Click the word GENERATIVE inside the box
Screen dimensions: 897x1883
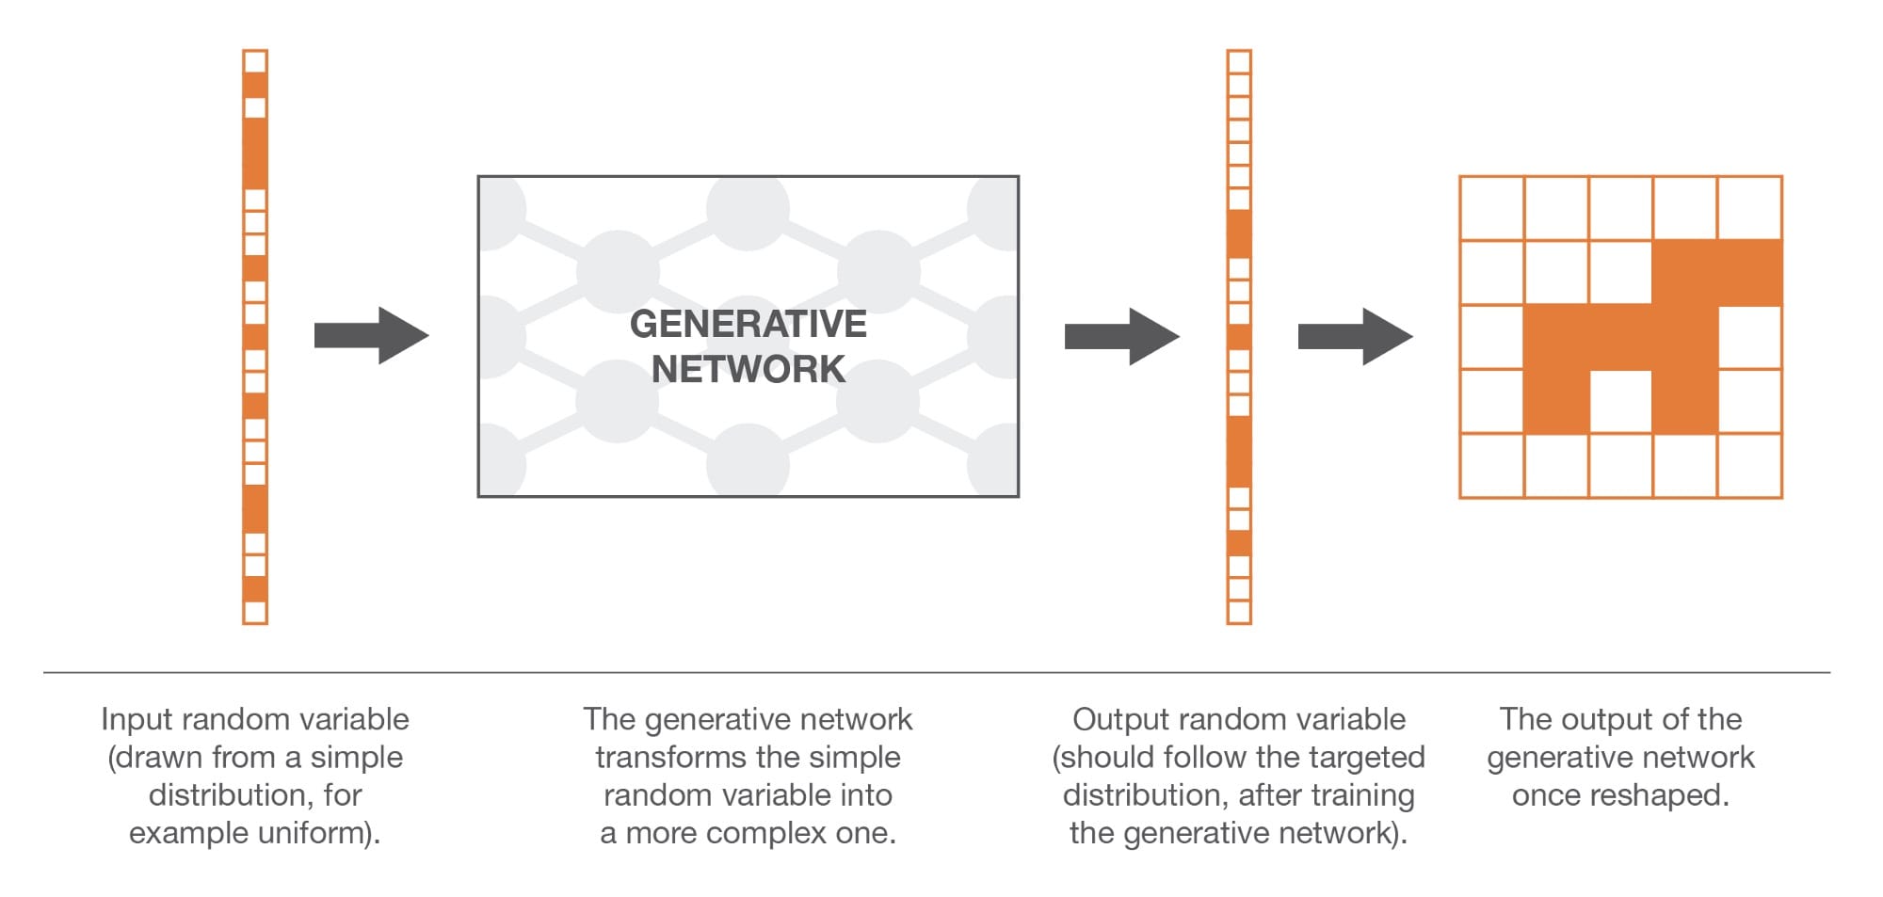tap(748, 324)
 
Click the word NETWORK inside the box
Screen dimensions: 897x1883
tap(748, 369)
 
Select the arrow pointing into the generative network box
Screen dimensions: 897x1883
tap(371, 335)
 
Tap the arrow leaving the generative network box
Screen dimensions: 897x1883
tap(1121, 336)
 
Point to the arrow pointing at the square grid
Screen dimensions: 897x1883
tap(1355, 336)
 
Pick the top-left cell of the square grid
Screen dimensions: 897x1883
tap(1492, 208)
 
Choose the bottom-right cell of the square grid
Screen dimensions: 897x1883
tap(1750, 465)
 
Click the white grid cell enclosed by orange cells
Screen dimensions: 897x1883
tap(1621, 401)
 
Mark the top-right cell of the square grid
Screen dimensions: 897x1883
tap(1750, 208)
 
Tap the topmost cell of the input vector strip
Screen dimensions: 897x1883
tap(255, 62)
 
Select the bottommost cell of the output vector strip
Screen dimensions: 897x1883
tap(1239, 612)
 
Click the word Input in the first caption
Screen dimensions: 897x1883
tap(137, 719)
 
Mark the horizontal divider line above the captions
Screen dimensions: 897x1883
tap(936, 672)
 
